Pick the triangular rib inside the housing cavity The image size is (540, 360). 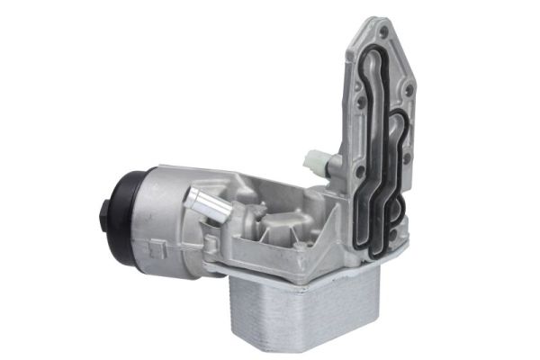(306, 216)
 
